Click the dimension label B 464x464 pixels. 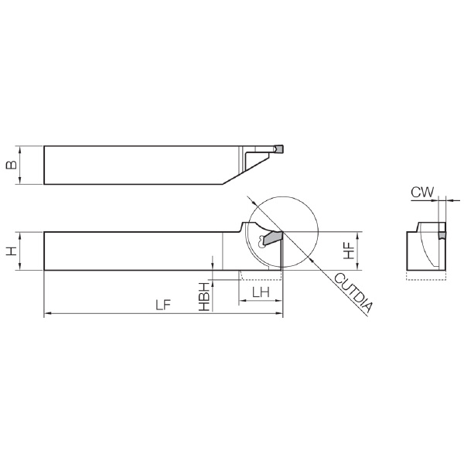(12, 165)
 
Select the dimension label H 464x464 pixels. (12, 251)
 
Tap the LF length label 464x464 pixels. (164, 305)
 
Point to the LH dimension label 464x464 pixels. (261, 292)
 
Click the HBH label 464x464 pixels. (204, 297)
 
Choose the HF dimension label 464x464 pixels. (349, 251)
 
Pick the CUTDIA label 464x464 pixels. (353, 293)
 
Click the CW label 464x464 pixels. (422, 193)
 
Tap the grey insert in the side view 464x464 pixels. (272, 238)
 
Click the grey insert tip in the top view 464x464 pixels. (278, 148)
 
